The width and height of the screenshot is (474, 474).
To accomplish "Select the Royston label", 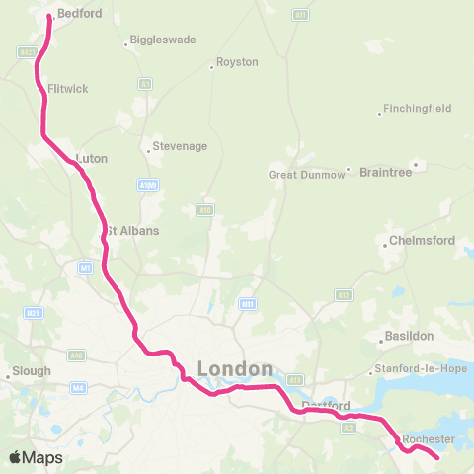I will click(x=237, y=62).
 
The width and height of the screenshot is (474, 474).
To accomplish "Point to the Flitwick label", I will click(x=68, y=89).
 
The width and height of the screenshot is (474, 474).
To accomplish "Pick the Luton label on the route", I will click(x=91, y=158).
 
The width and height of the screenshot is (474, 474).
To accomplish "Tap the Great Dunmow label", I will click(x=307, y=175).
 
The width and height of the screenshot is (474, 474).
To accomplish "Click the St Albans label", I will click(x=132, y=230).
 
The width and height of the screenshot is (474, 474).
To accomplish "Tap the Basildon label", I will click(x=409, y=336).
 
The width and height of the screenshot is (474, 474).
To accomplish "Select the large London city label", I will click(x=235, y=368).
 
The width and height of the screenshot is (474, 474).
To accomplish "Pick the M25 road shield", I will click(x=33, y=313).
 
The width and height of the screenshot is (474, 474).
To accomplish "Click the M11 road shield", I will click(x=248, y=303).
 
